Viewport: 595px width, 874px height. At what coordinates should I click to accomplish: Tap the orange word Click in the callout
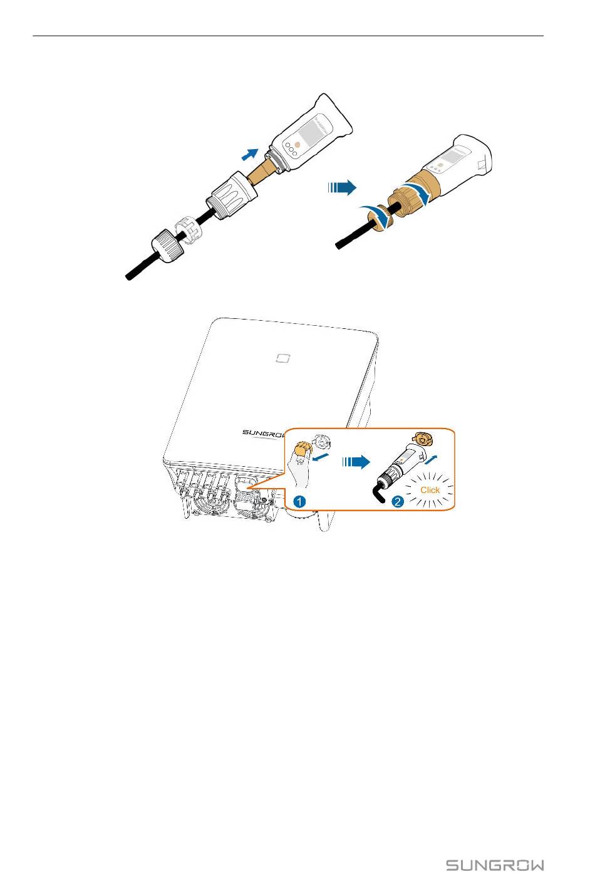click(x=430, y=490)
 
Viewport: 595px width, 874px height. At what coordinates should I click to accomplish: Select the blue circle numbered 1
click(x=299, y=501)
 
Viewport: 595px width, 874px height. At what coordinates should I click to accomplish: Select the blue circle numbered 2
click(x=397, y=501)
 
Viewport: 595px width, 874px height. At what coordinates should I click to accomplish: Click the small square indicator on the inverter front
click(x=283, y=358)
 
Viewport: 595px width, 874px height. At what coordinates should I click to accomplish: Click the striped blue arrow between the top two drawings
click(x=342, y=187)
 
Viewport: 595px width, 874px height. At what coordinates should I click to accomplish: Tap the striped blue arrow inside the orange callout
click(x=356, y=462)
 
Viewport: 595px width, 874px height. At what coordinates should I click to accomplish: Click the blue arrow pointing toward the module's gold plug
click(x=250, y=154)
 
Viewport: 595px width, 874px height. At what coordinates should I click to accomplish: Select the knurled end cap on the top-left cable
click(x=168, y=246)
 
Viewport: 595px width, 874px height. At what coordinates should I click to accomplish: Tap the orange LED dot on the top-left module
click(x=297, y=144)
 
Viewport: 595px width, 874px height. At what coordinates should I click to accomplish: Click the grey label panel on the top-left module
click(x=314, y=132)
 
